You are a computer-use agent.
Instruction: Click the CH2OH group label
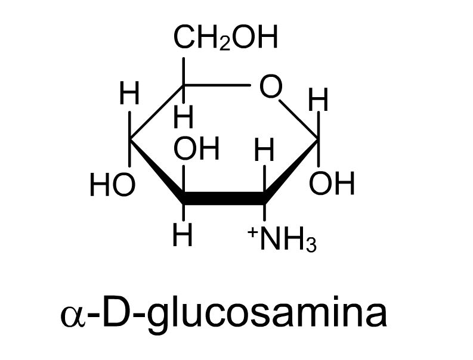pos(225,37)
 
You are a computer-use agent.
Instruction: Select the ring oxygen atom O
pos(271,86)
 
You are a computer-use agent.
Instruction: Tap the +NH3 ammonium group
pos(282,240)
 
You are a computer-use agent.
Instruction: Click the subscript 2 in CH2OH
pos(224,44)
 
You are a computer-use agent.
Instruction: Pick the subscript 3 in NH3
pos(311,246)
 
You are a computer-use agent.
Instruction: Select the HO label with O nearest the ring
pos(112,185)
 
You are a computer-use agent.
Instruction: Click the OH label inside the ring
pos(196,148)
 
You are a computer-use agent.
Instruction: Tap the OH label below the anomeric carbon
pos(332,183)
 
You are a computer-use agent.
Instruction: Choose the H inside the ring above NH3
pos(264,150)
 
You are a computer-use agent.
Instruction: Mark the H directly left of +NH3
pos(183,235)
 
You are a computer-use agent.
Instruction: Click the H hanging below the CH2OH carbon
pos(183,116)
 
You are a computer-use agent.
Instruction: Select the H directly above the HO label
pos(129,93)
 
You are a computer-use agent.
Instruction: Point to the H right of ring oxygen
pos(319,100)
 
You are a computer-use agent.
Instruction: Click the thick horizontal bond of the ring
pos(224,198)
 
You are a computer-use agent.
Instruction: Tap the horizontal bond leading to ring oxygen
pos(217,85)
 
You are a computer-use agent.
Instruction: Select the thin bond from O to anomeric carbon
pos(299,120)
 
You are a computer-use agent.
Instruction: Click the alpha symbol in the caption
pos(73,316)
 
